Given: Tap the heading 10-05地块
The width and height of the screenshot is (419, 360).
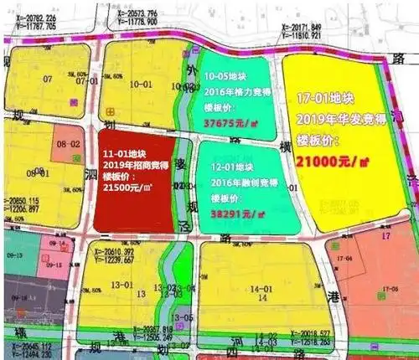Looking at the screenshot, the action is tap(225, 75).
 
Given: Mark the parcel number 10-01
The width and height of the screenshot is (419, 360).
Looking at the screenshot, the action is tap(139, 85).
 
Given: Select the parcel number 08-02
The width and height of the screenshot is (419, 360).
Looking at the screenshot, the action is tap(67, 145).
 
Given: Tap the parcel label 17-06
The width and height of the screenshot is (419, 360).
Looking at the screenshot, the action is tap(388, 290).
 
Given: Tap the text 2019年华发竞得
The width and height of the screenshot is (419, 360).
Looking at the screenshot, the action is tap(335, 118).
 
